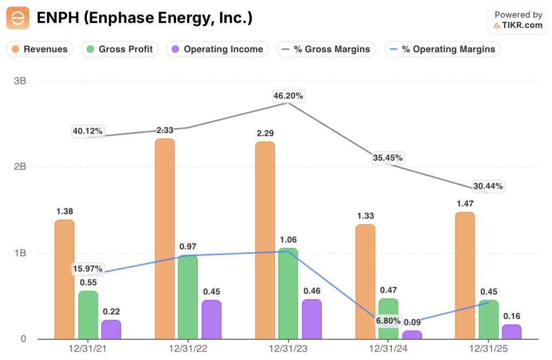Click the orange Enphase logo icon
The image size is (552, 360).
coord(18,18)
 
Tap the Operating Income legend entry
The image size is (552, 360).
coord(217,49)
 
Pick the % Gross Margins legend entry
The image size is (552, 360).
coord(326,49)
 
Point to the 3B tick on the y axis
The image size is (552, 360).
coord(20,81)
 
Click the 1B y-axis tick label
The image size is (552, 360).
coord(20,253)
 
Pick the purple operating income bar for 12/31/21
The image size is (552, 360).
coord(111,329)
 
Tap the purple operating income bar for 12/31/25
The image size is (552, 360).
coord(512,332)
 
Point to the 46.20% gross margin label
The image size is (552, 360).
coord(288,96)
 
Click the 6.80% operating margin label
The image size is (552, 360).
coord(388,321)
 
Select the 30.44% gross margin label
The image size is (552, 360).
coord(488,186)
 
